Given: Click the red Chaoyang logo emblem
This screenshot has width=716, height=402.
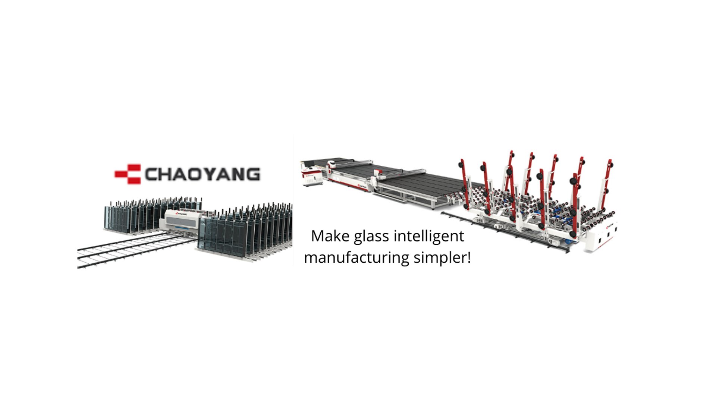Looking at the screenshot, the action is coord(128,174).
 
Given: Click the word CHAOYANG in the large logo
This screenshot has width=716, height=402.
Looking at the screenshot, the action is coord(202,174).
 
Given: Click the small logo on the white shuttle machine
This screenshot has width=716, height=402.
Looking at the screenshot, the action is coord(180,214).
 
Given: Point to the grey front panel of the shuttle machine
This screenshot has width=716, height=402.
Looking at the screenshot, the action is coord(182,222).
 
